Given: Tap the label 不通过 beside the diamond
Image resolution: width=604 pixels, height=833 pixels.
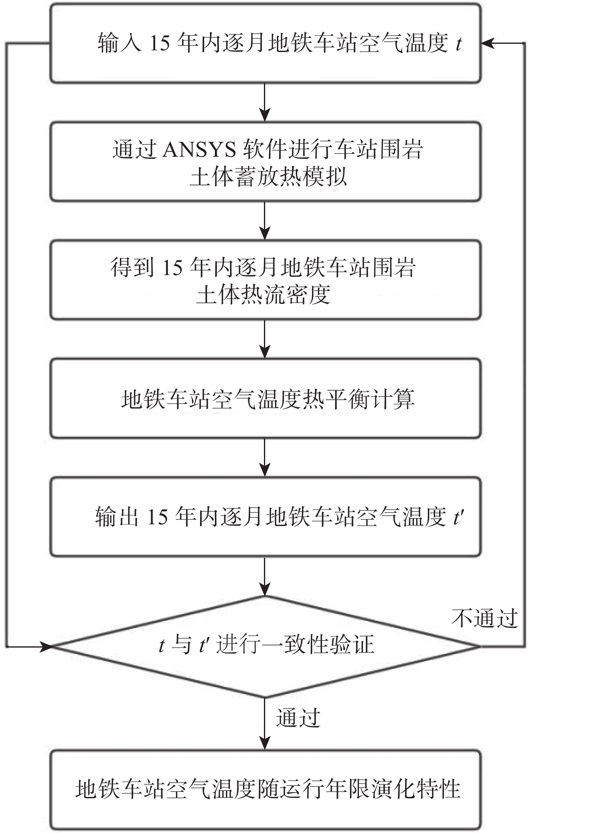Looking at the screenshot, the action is click(x=485, y=618).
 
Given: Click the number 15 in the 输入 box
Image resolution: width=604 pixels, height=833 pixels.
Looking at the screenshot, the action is click(x=159, y=43).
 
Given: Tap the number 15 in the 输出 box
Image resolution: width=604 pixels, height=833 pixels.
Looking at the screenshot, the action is click(x=157, y=517).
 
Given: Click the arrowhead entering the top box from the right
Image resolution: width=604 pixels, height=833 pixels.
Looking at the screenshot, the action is click(x=487, y=43).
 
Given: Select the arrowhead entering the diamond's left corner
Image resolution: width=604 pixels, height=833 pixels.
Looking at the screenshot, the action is click(x=45, y=647).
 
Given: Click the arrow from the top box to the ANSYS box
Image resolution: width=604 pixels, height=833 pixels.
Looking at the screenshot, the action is click(x=265, y=102).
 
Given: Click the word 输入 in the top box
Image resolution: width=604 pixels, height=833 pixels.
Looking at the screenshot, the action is click(x=119, y=43).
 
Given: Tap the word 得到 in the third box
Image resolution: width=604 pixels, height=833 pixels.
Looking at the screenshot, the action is click(x=132, y=268).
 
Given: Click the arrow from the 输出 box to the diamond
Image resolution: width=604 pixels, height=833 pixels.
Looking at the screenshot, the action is click(x=265, y=576).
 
